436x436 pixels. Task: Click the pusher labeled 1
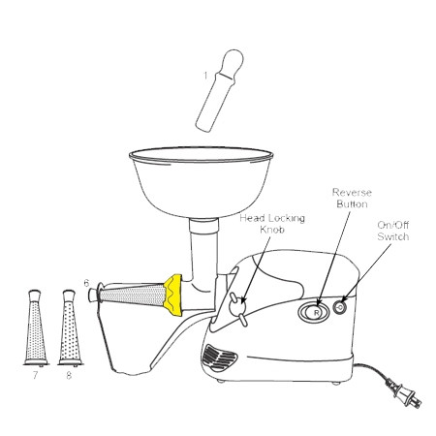(219, 90)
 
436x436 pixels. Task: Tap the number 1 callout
(205, 76)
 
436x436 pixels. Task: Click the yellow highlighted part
(173, 295)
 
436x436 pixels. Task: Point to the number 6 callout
(86, 283)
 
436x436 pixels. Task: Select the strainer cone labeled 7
(36, 327)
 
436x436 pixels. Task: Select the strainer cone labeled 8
(70, 327)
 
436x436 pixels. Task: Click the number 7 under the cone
(35, 375)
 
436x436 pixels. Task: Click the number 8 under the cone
(69, 375)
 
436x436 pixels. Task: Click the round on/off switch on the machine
(339, 307)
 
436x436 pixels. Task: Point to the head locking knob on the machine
(238, 308)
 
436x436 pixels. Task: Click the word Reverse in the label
(352, 193)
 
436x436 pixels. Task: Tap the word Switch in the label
(393, 236)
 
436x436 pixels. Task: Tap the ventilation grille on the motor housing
(220, 357)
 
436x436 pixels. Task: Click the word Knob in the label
(272, 230)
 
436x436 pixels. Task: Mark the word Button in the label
(352, 204)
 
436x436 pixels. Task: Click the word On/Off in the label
(393, 225)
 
